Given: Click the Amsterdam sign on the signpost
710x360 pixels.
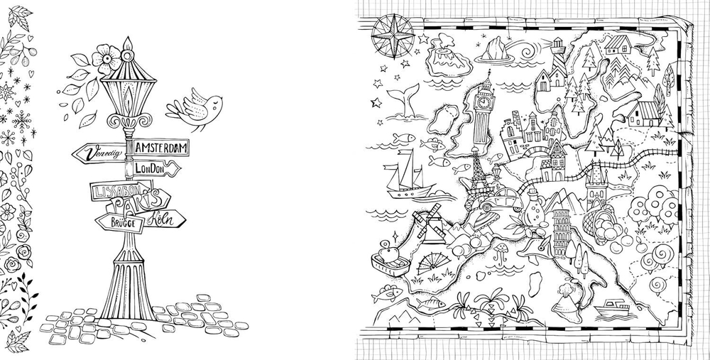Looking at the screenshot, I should click(161, 146).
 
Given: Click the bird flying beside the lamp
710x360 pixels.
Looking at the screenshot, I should click(190, 106).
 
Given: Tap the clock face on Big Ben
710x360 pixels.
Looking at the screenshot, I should click(485, 101).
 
